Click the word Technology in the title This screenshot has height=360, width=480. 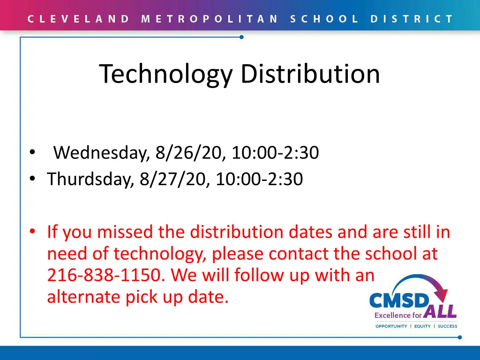tap(165, 74)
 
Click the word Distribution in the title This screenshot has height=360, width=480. tap(310, 74)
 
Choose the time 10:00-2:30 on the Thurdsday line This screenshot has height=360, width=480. tap(259, 179)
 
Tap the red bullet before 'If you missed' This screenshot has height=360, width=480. tap(32, 232)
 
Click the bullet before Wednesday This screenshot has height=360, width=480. tap(32, 153)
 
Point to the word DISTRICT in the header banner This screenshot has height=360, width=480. tap(412, 19)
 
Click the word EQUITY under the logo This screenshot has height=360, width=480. tap(422, 326)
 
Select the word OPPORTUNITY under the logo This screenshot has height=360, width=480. tap(391, 326)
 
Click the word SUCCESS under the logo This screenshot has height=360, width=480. tap(447, 326)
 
